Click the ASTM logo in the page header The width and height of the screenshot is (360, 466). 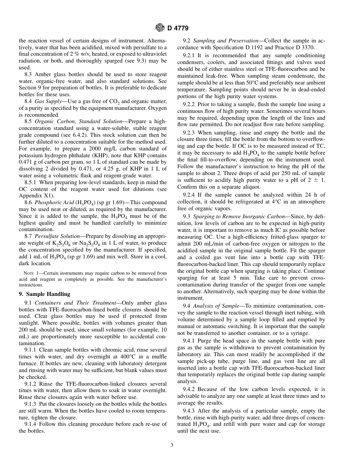click(x=161, y=28)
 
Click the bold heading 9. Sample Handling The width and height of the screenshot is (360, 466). click(x=45, y=294)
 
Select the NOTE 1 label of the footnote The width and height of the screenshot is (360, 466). click(x=29, y=273)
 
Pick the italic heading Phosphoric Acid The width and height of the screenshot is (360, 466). click(x=53, y=203)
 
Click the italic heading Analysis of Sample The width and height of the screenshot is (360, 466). click(x=216, y=305)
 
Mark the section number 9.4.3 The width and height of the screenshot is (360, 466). click(x=189, y=411)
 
